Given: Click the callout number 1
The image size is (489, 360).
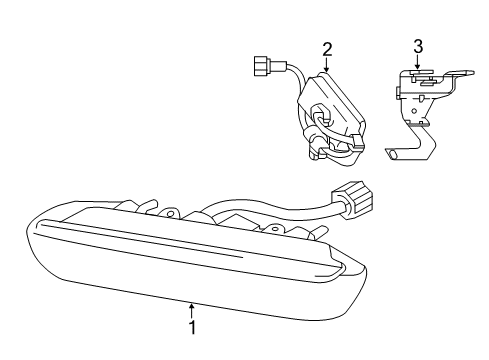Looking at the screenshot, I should click(x=192, y=326).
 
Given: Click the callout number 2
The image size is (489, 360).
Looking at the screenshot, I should click(x=327, y=48).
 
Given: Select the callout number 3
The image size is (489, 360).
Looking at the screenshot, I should click(x=418, y=45).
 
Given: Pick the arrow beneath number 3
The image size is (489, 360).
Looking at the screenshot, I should click(x=418, y=62).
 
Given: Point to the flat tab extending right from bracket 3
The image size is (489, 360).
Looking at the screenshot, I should click(x=460, y=74).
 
